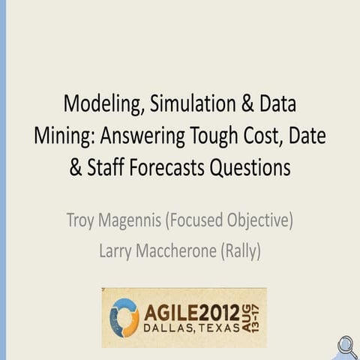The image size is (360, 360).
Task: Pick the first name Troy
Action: pyautogui.click(x=83, y=221)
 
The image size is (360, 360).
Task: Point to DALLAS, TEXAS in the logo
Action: pyautogui.click(x=191, y=328)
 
